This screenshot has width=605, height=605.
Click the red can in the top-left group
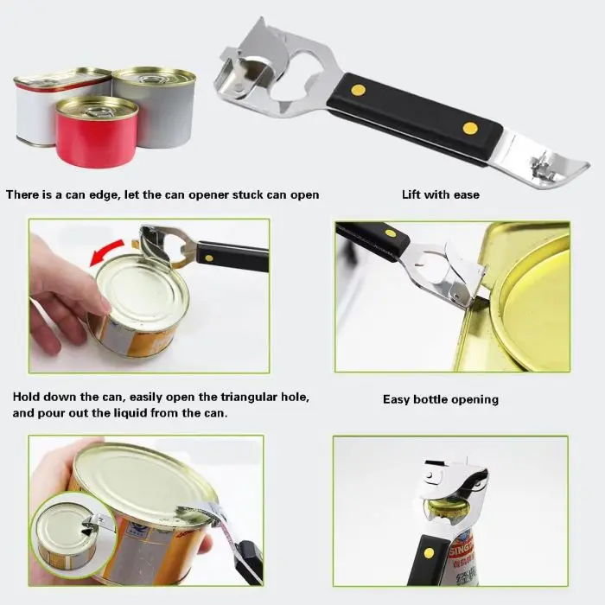97,133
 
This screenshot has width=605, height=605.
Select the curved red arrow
106,252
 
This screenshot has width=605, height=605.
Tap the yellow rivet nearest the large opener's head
359,90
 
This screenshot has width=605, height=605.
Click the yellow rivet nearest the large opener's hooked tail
470,128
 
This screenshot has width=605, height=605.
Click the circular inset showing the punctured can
73,532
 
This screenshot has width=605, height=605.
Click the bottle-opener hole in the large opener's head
298,78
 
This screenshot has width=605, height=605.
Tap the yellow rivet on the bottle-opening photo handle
429,553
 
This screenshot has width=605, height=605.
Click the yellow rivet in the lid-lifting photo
391,233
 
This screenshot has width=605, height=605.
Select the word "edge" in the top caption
105,195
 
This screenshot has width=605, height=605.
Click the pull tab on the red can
97,112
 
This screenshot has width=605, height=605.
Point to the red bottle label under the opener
461,547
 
